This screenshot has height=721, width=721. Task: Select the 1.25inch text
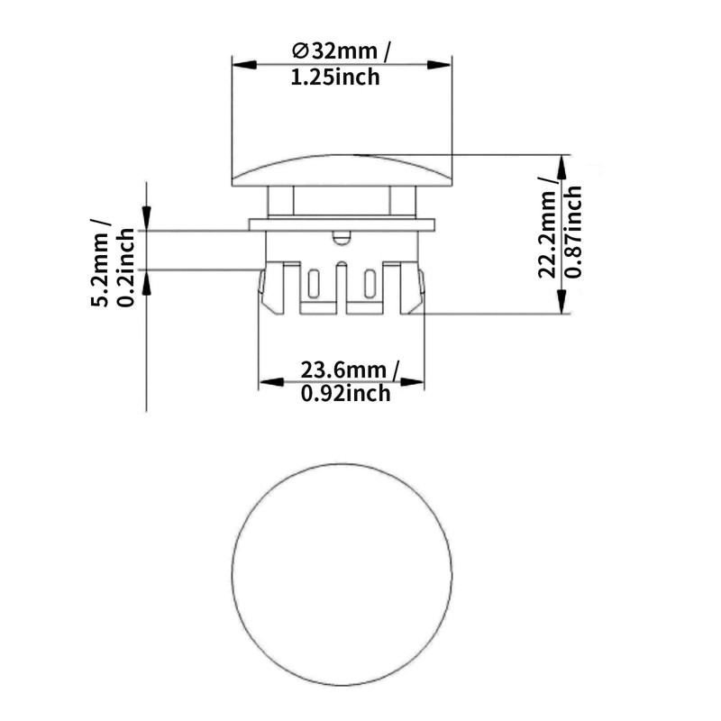pyautogui.click(x=334, y=78)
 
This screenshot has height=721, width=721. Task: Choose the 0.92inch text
pyautogui.click(x=346, y=393)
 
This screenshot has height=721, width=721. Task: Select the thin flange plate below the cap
pyautogui.click(x=342, y=224)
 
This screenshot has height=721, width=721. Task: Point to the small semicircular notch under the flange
pyautogui.click(x=340, y=237)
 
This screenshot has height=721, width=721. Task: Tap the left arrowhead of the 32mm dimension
pyautogui.click(x=240, y=63)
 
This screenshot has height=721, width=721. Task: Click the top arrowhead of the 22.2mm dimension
pyautogui.click(x=562, y=162)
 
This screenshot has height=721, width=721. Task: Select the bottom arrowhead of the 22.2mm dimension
pyautogui.click(x=562, y=306)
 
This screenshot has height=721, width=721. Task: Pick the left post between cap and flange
pyautogui.click(x=280, y=201)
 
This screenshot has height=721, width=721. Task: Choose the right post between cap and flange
pyautogui.click(x=402, y=201)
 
